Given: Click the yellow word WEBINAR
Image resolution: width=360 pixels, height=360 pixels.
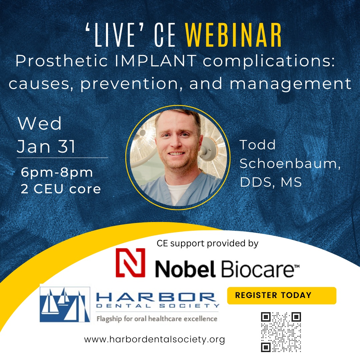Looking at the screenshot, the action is (x=233, y=35).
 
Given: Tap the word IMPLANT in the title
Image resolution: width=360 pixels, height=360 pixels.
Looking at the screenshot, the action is (x=156, y=61).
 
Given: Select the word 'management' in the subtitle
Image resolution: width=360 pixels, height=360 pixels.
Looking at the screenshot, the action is (x=291, y=84).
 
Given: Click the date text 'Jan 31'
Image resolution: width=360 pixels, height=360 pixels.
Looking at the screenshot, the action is (x=46, y=146).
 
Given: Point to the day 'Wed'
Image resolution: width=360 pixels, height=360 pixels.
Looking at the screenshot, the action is (x=40, y=123).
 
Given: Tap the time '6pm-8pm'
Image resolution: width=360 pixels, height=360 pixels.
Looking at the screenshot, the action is (x=57, y=173).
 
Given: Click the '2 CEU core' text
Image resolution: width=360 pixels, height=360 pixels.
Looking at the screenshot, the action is (x=61, y=189).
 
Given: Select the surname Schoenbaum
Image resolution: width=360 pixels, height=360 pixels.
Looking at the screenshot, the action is (x=290, y=164).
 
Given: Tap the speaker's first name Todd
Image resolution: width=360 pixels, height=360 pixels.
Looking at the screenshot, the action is (x=257, y=145).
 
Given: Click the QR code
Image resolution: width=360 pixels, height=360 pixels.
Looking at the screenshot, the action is (x=281, y=332).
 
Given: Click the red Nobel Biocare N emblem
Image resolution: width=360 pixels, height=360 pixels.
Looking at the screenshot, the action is (x=130, y=263).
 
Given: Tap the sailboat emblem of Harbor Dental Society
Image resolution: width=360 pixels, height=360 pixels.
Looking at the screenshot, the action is (x=65, y=304).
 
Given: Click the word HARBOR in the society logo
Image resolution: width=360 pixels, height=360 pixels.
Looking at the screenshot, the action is (x=156, y=297).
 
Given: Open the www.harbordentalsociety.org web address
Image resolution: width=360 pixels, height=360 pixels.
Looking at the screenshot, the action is (x=155, y=339).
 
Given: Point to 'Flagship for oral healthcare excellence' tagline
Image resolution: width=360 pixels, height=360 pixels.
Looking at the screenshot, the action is (x=157, y=319).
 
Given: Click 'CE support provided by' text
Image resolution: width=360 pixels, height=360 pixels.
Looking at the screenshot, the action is (x=208, y=243).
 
